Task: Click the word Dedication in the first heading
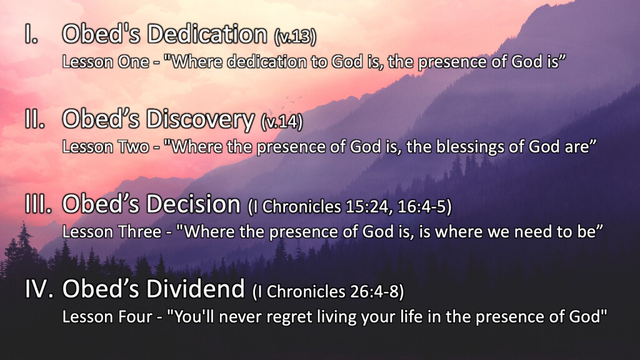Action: click(x=207, y=34)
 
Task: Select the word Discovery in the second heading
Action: click(x=200, y=120)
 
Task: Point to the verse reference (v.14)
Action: click(x=282, y=122)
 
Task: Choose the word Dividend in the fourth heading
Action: click(x=196, y=289)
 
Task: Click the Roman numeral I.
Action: click(x=31, y=34)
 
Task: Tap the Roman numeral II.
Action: click(x=35, y=119)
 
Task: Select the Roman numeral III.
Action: click(x=38, y=204)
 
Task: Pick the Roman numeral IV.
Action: click(x=39, y=289)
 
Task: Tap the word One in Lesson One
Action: click(x=133, y=62)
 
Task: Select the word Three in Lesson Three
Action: click(x=139, y=232)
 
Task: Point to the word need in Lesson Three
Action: click(x=532, y=232)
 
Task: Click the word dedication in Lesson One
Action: click(x=266, y=62)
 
